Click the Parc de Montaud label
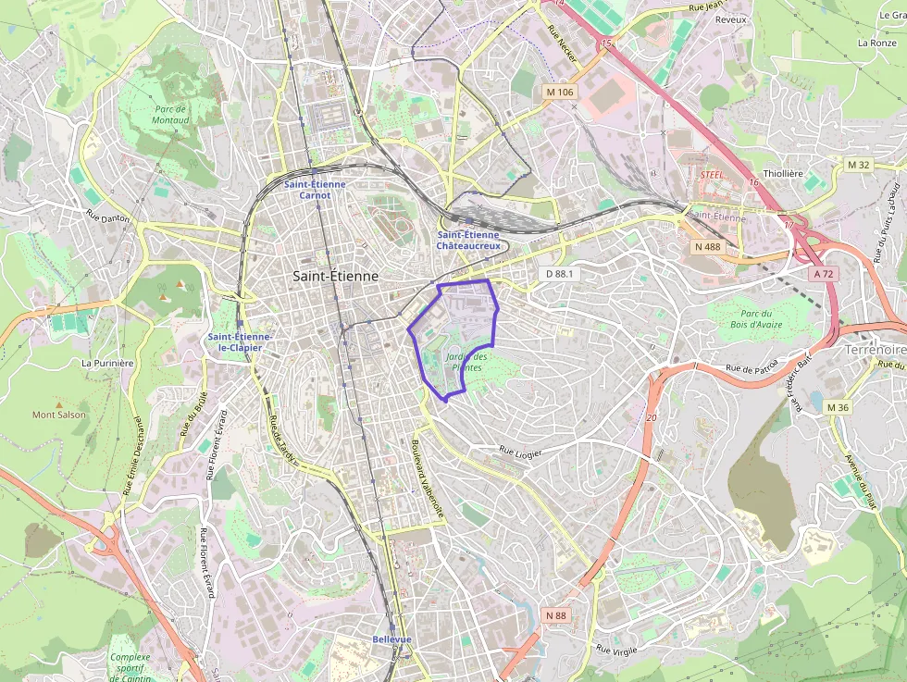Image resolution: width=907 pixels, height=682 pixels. point(170,115)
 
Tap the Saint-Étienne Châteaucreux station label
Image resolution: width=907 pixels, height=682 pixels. point(468,241)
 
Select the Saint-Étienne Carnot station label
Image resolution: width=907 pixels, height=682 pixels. point(315,190)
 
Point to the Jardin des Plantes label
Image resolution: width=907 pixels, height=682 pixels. point(466,362)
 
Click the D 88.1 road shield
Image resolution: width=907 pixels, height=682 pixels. point(560,274)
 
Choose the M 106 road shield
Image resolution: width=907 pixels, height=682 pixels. point(560,92)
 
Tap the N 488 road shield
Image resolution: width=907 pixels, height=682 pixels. point(707,246)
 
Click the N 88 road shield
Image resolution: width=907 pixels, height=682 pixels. point(555,615)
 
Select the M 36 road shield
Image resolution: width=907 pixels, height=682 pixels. point(838,407)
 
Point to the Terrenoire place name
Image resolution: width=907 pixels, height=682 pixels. point(875,351)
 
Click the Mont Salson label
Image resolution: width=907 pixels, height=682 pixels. point(59,415)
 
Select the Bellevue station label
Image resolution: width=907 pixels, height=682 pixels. point(391,639)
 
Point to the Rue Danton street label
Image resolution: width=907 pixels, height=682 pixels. point(108,217)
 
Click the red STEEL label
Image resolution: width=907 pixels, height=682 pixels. point(711,174)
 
